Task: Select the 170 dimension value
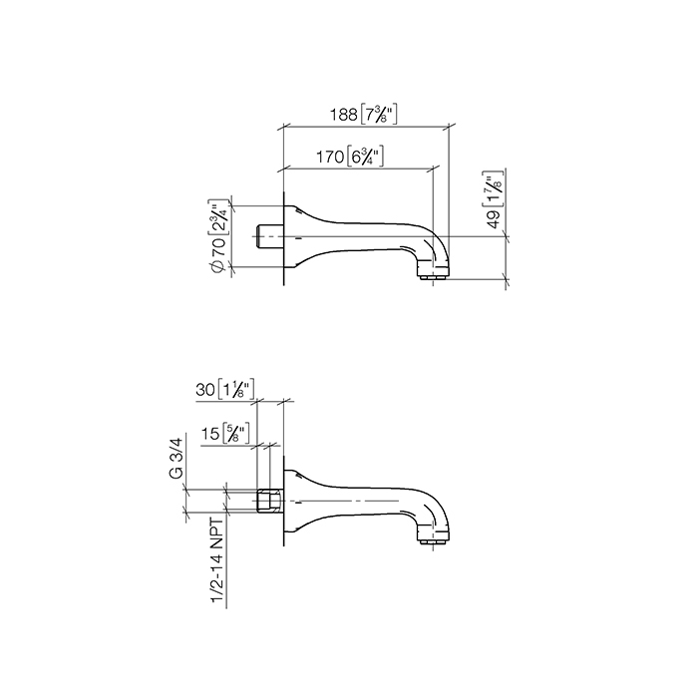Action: click(330, 157)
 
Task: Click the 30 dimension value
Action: click(206, 392)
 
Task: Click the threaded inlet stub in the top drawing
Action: click(270, 237)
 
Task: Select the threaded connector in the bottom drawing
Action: click(267, 501)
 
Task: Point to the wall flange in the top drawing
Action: click(289, 237)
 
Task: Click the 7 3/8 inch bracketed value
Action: click(379, 115)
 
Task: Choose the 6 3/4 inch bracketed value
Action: click(365, 157)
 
